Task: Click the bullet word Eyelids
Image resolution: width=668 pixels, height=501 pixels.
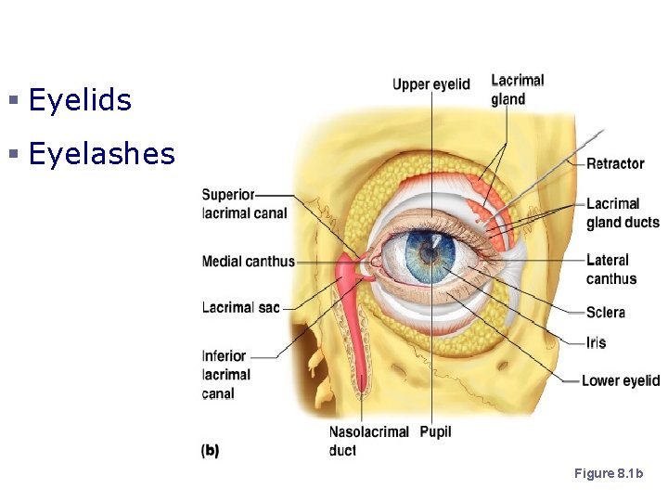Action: click(80, 100)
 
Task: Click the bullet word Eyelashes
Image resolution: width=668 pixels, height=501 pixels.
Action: click(102, 154)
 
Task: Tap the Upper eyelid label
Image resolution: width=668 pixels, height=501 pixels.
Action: click(430, 84)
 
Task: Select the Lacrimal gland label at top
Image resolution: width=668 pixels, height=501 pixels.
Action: click(517, 90)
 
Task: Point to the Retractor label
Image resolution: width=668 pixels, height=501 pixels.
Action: click(615, 163)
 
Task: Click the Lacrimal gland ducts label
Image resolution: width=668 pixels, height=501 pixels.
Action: click(622, 213)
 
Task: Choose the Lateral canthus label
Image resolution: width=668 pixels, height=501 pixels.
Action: click(610, 269)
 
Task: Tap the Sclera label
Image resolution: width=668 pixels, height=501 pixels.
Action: click(606, 313)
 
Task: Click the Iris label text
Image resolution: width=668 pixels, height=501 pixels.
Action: click(596, 342)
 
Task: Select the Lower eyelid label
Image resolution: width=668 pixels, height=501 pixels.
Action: click(620, 380)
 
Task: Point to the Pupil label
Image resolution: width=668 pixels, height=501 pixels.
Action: click(435, 432)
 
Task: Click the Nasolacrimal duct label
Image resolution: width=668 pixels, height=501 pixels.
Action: click(368, 441)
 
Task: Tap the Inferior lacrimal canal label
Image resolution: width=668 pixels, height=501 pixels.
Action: click(225, 374)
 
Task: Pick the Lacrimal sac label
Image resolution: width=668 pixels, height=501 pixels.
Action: click(240, 307)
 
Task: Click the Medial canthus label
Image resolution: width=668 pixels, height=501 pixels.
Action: click(248, 262)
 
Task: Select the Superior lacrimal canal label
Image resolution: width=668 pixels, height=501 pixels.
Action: click(243, 204)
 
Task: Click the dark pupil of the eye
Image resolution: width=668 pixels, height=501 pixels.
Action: click(429, 251)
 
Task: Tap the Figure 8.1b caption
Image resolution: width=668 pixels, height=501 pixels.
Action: click(609, 474)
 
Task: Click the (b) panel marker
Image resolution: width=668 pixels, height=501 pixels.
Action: click(211, 451)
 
